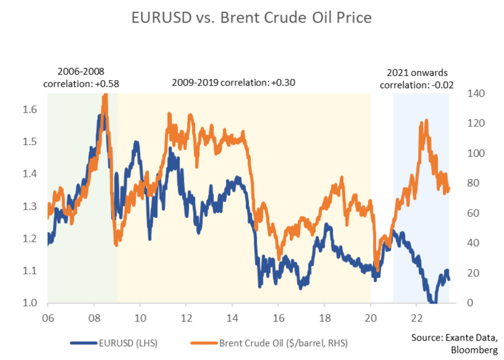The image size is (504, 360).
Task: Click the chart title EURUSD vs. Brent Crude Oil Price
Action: coord(251,18)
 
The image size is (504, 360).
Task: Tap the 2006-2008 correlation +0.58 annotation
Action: coord(81,78)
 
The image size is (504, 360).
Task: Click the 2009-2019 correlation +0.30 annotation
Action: coord(232,83)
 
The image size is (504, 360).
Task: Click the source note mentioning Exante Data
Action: coord(454,344)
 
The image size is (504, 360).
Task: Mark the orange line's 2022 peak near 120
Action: coord(426,121)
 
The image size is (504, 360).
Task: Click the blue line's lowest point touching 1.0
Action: coord(433,302)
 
